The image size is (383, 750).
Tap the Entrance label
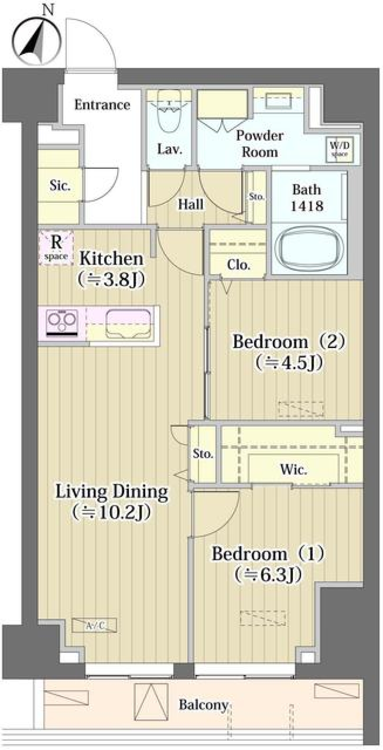[x=102, y=105]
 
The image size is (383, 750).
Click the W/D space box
[x=339, y=149]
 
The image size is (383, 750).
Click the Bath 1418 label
[x=306, y=198]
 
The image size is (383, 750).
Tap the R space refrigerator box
[x=56, y=247]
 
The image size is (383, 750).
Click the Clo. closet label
[x=238, y=265]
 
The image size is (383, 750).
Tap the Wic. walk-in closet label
[x=293, y=469]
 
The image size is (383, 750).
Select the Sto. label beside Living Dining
[x=203, y=454]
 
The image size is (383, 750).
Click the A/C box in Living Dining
[x=95, y=625]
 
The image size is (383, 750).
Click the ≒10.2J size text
[x=112, y=512]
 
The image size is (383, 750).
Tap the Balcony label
[x=203, y=705]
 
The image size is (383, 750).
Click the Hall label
[x=191, y=204]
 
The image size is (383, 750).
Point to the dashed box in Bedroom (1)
[x=263, y=617]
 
